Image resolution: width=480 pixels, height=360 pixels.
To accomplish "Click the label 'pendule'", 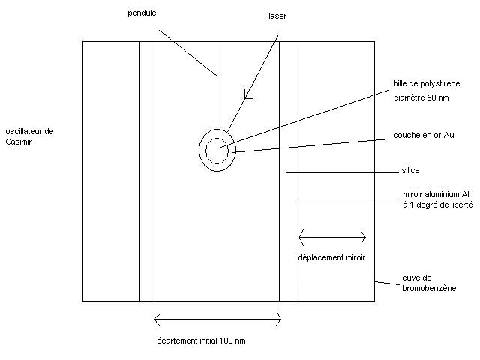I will coord(141,12).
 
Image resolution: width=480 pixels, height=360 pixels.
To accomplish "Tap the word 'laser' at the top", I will coord(277,16).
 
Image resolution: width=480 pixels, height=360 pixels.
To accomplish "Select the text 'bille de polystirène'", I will coord(426,83).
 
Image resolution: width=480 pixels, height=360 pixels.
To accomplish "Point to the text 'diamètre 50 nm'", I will coord(421,97).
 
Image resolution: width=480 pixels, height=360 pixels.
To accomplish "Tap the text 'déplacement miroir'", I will coord(331,256).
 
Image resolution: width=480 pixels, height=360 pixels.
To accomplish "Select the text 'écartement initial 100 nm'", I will coord(201,340).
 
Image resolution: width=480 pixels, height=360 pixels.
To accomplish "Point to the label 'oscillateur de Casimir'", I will coord(28,136).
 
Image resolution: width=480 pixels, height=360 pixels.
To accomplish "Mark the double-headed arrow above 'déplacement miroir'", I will coord(332,238).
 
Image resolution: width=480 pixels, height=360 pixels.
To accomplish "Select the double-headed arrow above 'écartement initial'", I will coord(217,320).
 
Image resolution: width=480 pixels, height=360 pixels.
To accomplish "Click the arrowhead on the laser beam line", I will coord(248,95).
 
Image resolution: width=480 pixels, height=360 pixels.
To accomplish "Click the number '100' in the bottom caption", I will coord(226,340).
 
